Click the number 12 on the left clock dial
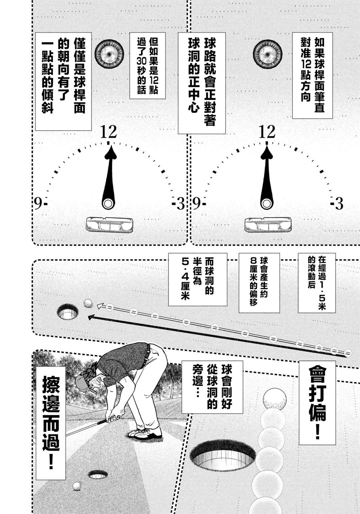point(109,132)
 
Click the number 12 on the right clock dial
point(267,132)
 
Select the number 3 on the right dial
point(339,204)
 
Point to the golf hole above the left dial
point(109,54)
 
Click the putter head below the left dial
point(109,225)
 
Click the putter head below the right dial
point(268,225)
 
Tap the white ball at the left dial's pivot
point(108,204)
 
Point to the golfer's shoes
point(145,433)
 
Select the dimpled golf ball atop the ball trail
point(275,399)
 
